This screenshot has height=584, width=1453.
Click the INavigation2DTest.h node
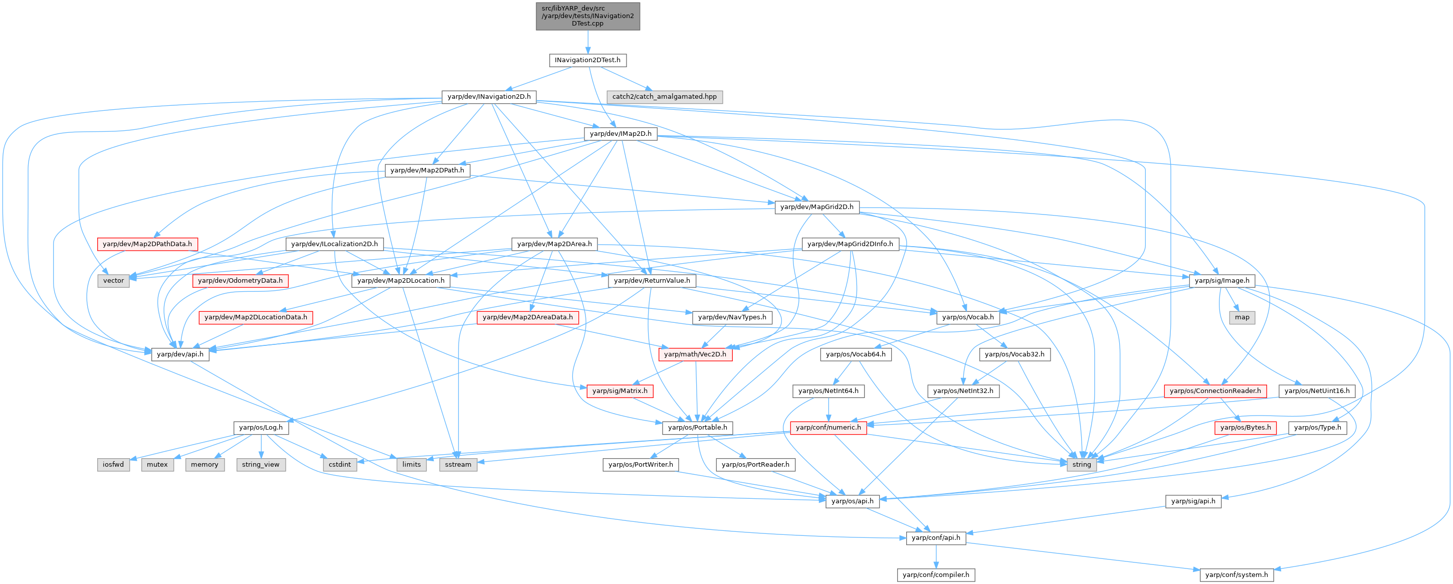[587, 60]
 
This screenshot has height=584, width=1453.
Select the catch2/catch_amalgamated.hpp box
[664, 96]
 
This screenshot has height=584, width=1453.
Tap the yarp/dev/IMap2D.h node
[620, 134]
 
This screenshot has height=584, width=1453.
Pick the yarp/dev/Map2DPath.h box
[427, 170]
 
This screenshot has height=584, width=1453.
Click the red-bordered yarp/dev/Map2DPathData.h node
[147, 244]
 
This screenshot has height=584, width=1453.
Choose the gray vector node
[113, 280]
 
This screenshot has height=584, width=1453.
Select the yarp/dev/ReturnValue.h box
[652, 280]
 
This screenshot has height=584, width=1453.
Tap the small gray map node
[1242, 317]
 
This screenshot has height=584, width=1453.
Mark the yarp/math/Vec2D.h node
[695, 354]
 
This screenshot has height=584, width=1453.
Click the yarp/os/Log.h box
[261, 427]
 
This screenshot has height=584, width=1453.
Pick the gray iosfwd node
[113, 464]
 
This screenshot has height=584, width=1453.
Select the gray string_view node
[261, 464]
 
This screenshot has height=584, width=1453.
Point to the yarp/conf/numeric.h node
[828, 427]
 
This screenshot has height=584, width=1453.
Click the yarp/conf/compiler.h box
[936, 574]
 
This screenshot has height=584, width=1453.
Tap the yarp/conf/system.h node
[1236, 574]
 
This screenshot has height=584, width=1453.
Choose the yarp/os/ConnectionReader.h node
[1215, 391]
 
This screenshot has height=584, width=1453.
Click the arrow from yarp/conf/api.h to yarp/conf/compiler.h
[936, 556]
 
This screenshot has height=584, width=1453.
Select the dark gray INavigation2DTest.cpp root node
[587, 16]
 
